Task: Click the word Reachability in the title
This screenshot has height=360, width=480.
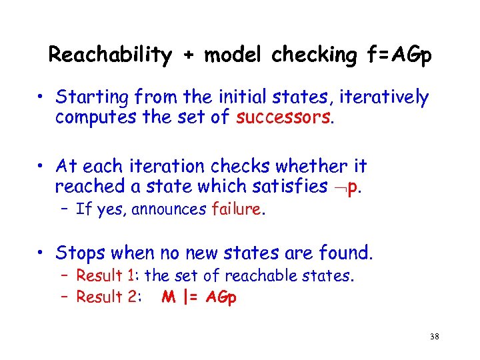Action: point(110,55)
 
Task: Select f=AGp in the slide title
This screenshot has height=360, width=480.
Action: point(397,55)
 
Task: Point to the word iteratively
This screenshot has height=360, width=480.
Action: point(384,98)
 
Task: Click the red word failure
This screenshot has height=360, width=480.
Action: point(237,209)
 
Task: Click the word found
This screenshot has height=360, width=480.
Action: point(347,253)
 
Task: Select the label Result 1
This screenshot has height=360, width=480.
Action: point(107,275)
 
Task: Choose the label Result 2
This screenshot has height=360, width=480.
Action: point(107,297)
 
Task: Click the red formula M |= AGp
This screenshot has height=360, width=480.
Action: point(199,297)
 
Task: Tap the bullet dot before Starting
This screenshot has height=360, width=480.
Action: point(41,98)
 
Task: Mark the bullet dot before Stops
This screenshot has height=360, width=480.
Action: point(41,253)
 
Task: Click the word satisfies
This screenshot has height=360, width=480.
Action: point(293,186)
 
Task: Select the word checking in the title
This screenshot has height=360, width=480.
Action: point(313,55)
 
